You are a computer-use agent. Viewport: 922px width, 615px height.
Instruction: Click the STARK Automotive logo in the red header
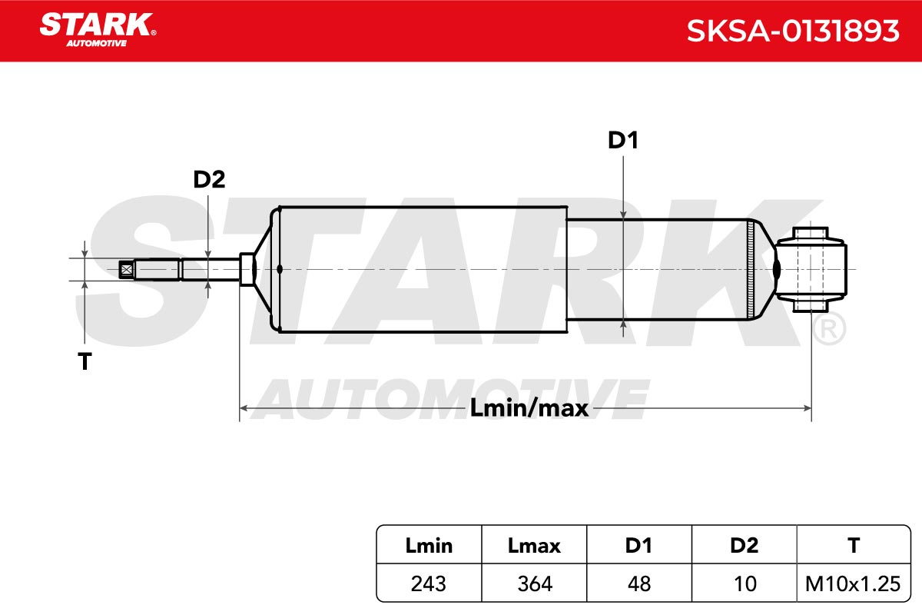pyautogui.click(x=98, y=30)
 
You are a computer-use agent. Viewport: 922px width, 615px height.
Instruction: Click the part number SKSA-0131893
pyautogui.click(x=793, y=31)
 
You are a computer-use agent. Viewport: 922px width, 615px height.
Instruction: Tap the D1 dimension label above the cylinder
pyautogui.click(x=623, y=141)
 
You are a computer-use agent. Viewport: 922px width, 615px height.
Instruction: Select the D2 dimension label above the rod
pyautogui.click(x=209, y=179)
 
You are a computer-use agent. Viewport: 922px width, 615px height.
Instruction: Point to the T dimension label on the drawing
pyautogui.click(x=85, y=361)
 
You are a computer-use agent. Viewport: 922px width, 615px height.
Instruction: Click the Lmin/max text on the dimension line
pyautogui.click(x=529, y=408)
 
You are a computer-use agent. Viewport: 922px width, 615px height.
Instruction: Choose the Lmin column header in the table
pyautogui.click(x=429, y=546)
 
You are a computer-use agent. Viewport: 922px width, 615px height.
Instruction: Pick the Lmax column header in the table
pyautogui.click(x=534, y=546)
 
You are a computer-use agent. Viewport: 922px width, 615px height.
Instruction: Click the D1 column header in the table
pyautogui.click(x=638, y=546)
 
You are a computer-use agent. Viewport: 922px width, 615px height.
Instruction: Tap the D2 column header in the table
pyautogui.click(x=745, y=546)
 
